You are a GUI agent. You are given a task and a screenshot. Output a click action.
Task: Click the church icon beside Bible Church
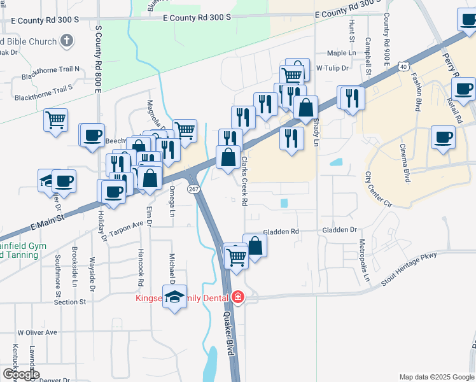pos(66,42)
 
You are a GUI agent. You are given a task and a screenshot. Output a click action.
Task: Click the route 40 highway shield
pos(403,66)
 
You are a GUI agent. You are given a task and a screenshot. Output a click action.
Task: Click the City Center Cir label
pos(377,188)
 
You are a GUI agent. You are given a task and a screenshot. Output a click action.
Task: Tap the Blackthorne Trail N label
pos(50,69)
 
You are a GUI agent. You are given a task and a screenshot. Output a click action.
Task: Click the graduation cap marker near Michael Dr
pos(174,297)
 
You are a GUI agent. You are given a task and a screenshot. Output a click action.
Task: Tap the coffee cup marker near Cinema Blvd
pos(442,137)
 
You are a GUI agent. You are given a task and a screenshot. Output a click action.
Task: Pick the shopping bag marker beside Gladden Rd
pos(255,245)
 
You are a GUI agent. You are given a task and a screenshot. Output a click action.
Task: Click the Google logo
pos(20,374)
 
